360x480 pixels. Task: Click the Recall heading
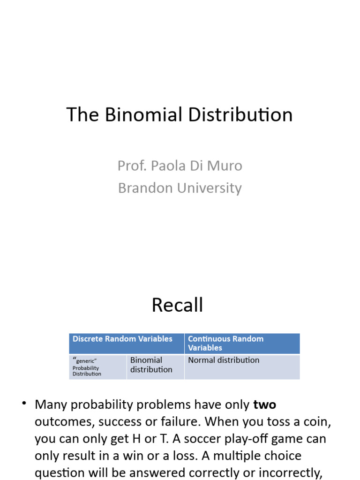pos(177,305)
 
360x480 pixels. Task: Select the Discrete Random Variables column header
pos(123,339)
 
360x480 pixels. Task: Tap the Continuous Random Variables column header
pos(225,343)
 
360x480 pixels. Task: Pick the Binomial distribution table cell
pos(151,365)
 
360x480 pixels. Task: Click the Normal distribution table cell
pos(224,360)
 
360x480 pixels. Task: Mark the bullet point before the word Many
pos(24,404)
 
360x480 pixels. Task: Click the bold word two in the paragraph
pos(264,405)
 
